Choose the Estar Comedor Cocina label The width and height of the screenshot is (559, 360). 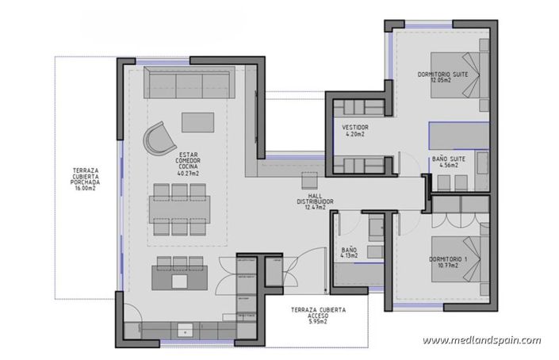188,163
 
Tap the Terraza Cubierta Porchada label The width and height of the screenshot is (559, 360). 86,180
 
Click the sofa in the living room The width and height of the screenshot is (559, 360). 188,82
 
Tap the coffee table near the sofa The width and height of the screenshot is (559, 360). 198,121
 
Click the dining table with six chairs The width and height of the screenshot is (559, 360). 180,209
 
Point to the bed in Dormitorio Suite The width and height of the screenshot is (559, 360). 461,73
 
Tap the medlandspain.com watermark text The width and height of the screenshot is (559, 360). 481,340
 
